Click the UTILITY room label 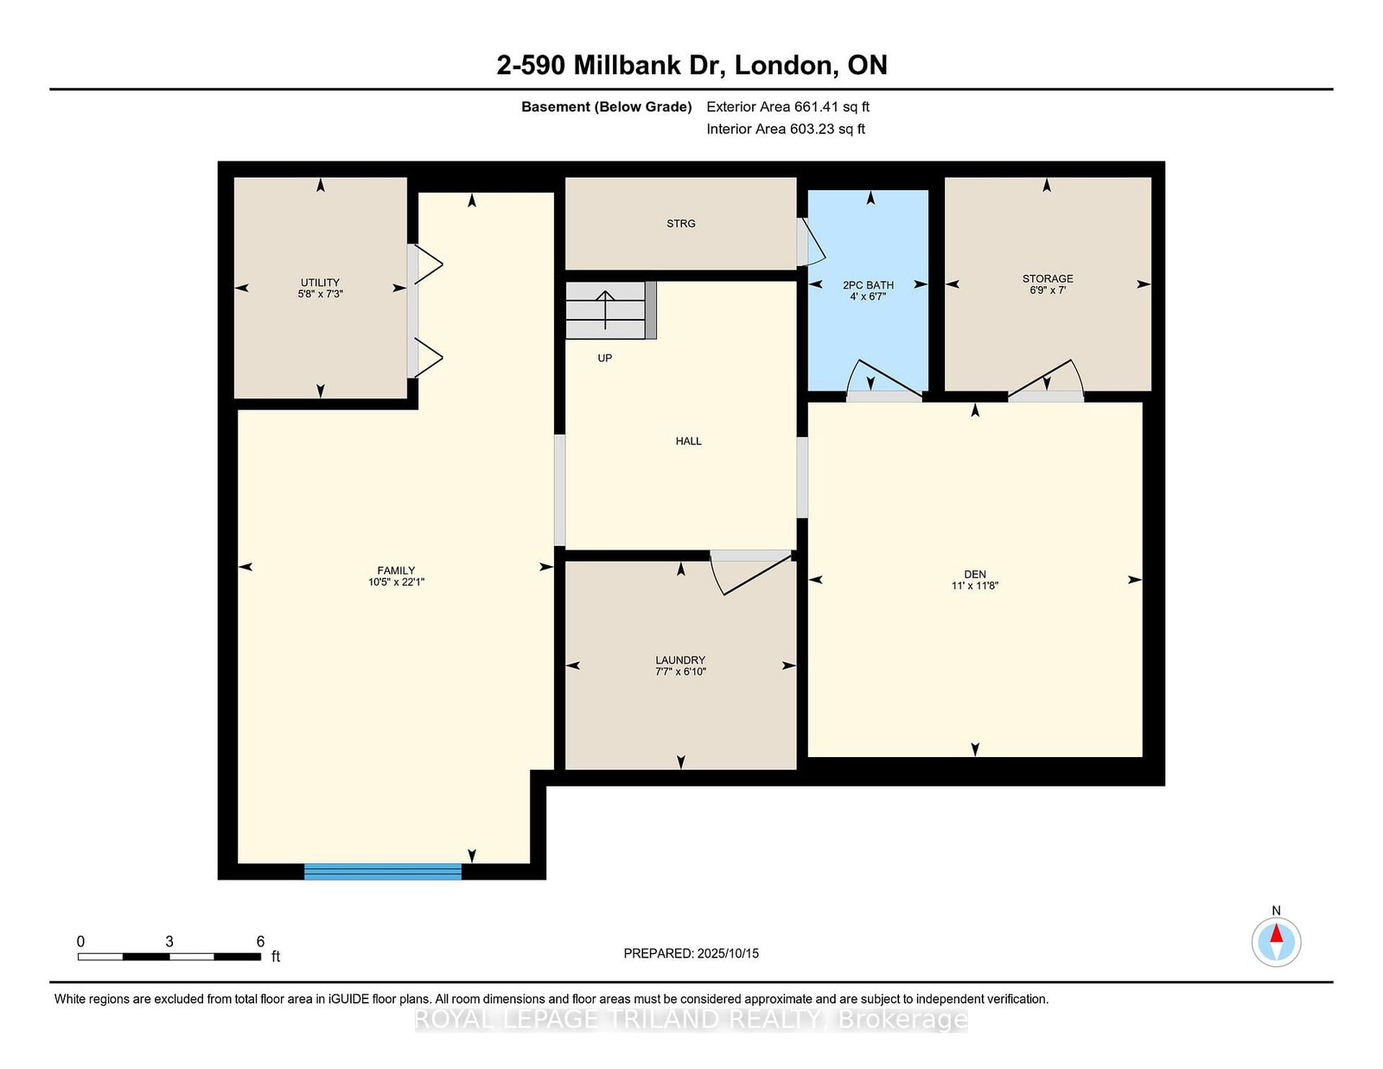[x=320, y=283]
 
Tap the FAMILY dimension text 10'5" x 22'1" [x=396, y=582]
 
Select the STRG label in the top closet [x=680, y=223]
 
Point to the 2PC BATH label [x=868, y=285]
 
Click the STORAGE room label [x=1048, y=279]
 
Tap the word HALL [x=689, y=441]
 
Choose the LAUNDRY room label [x=680, y=660]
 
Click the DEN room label [x=974, y=574]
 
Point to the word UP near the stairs [x=604, y=359]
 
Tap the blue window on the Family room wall [x=383, y=872]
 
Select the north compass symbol [x=1276, y=942]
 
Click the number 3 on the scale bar [x=169, y=942]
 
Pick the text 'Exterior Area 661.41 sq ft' [x=788, y=107]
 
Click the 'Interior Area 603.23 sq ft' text [x=786, y=129]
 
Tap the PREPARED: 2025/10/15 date [x=691, y=953]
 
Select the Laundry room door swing [x=751, y=573]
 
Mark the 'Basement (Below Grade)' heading [x=607, y=107]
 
